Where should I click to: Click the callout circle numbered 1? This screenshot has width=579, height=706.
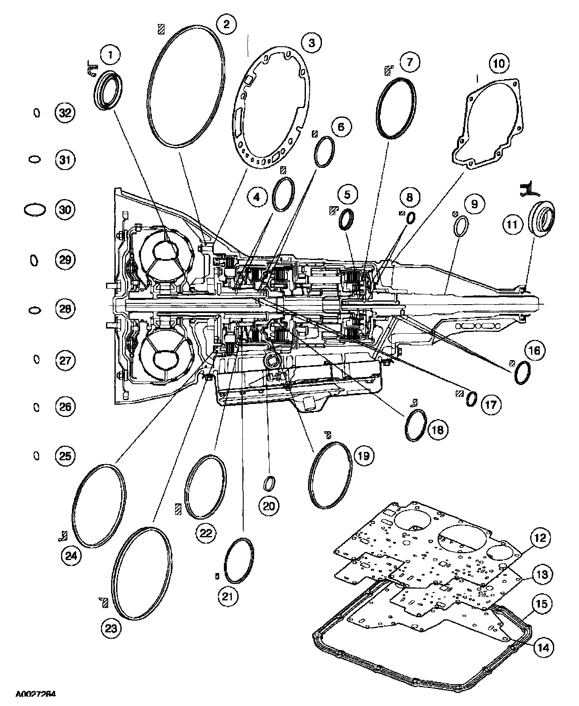(111, 55)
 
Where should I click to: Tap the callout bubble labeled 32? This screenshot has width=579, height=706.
(65, 113)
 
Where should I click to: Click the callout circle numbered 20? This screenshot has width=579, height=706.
(269, 505)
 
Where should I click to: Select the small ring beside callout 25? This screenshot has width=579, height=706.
(37, 456)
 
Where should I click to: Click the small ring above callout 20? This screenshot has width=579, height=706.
(269, 483)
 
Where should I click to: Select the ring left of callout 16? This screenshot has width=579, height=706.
(522, 372)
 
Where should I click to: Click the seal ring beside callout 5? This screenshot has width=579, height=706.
(347, 219)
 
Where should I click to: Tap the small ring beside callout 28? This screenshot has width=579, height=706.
(35, 310)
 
